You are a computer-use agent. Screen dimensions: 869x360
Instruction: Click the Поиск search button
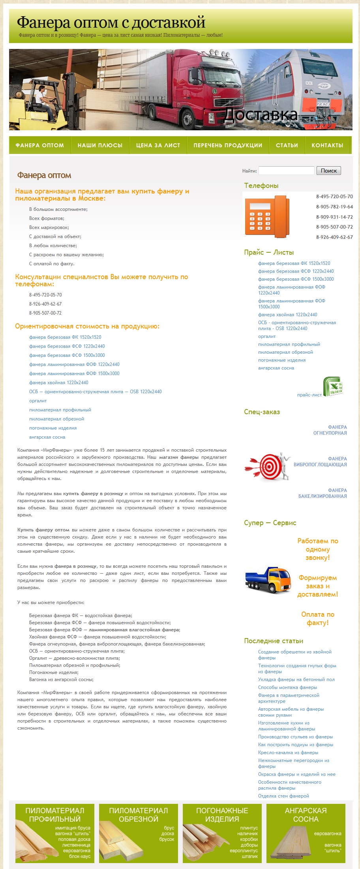(x=328, y=171)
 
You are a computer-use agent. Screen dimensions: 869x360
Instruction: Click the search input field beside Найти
(x=286, y=171)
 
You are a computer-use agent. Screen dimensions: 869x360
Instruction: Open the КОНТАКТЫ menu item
(x=327, y=145)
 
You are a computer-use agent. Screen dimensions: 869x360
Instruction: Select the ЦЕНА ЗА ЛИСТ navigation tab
(x=158, y=145)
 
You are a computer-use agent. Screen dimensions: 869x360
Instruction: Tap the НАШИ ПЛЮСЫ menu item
(x=100, y=145)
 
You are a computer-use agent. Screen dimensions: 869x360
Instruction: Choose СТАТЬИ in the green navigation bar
(x=287, y=145)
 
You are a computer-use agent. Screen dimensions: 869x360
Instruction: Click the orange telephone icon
(x=267, y=217)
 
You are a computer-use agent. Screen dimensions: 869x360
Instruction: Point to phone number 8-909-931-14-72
(x=334, y=217)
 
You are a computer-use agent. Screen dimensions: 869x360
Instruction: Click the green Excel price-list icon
(x=332, y=387)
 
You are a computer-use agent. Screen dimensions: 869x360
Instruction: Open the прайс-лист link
(x=309, y=395)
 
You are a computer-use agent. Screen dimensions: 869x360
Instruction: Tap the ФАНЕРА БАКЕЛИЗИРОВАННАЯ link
(x=322, y=493)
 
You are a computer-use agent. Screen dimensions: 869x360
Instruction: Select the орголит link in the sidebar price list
(x=267, y=336)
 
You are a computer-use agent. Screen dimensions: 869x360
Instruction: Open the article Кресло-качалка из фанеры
(x=288, y=753)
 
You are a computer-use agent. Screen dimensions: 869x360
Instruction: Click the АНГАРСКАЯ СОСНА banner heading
(x=306, y=815)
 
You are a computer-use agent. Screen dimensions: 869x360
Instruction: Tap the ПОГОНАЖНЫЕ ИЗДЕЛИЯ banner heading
(x=222, y=815)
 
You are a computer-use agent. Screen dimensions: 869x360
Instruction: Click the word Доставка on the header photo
(x=260, y=114)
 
